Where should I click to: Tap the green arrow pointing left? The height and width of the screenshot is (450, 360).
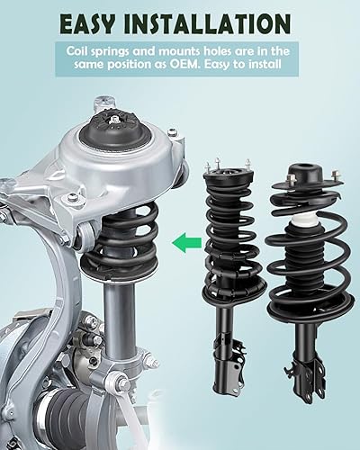point(184,240)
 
